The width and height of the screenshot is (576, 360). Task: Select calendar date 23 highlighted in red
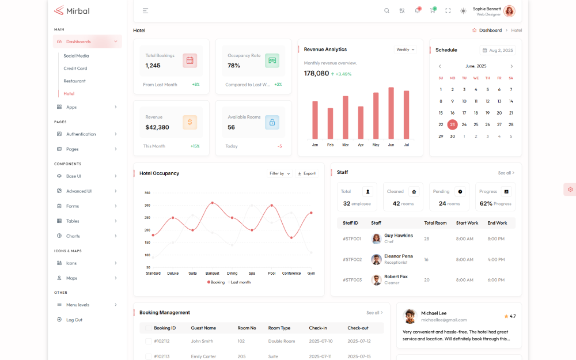[x=452, y=124]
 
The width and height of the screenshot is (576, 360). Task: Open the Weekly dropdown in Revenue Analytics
[x=406, y=50]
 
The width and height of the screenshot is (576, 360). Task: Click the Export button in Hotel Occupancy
[x=306, y=173]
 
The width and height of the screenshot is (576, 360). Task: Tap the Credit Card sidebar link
[x=75, y=69]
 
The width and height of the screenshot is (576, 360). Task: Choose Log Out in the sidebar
[x=74, y=320]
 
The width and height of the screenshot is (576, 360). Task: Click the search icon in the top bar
[x=387, y=10]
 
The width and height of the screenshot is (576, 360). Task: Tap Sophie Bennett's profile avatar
[x=509, y=11]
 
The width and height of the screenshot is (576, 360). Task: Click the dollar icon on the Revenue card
[x=190, y=122]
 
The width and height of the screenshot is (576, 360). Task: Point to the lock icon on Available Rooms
[x=272, y=122]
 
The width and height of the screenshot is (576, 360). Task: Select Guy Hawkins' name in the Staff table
[x=399, y=236]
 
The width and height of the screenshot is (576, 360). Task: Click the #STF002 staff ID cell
[x=352, y=260]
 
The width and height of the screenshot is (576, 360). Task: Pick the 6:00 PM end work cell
[x=496, y=280]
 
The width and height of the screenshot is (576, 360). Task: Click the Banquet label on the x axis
[x=212, y=274]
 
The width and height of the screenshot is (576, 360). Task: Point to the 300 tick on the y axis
[x=147, y=205]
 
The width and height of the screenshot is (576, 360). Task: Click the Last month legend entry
[x=239, y=282]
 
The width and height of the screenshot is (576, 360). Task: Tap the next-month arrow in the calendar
[x=511, y=66]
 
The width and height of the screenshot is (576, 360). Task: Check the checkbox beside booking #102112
[x=149, y=341]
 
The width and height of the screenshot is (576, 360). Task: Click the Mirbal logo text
[x=77, y=10]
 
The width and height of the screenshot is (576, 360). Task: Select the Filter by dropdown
[x=280, y=173]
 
